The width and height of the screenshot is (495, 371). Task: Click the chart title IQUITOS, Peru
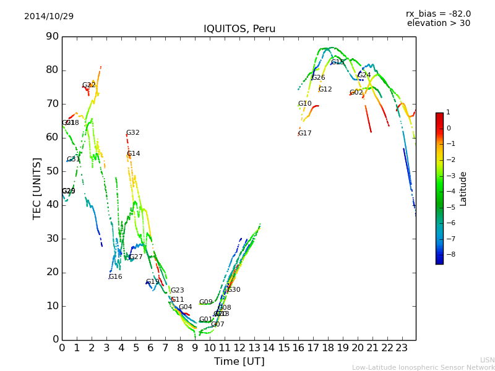[239, 29]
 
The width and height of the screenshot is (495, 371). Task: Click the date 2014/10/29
[49, 16]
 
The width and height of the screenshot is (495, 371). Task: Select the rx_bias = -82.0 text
[438, 14]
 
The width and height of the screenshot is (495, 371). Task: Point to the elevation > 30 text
[438, 23]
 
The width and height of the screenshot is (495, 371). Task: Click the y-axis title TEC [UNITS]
[37, 188]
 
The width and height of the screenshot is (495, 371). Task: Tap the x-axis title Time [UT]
[239, 361]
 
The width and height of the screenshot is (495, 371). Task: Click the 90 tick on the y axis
[52, 36]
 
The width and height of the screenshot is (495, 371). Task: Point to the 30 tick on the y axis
[52, 239]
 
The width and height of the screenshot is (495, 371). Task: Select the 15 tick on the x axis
[283, 349]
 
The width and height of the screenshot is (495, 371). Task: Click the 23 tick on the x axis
[402, 349]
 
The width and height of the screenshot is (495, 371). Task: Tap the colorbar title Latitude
[463, 189]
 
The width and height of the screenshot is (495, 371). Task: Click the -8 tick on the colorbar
[448, 254]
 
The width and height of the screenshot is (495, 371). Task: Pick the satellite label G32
[133, 133]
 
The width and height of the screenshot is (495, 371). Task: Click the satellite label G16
[116, 277]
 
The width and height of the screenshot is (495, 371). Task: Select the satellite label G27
[136, 257]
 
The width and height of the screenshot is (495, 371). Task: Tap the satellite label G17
[305, 134]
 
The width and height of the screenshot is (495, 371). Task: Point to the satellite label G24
[364, 75]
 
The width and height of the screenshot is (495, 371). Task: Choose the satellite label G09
[206, 302]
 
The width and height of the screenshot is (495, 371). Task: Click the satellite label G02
[356, 93]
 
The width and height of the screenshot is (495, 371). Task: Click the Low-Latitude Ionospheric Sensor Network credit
[423, 367]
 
